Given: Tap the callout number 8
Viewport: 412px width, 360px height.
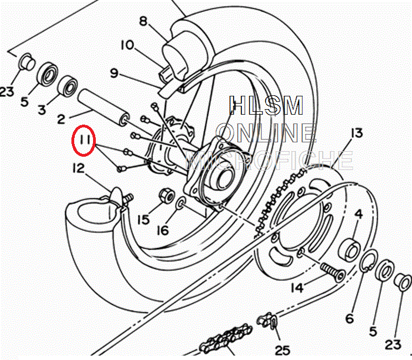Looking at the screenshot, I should tap(144, 22).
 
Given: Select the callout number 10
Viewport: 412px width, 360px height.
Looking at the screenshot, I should tap(127, 45).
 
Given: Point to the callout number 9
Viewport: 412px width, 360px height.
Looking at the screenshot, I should tap(115, 73).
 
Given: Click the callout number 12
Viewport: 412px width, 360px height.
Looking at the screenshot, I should tap(78, 168).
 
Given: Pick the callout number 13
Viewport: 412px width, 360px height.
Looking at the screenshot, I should tap(356, 133).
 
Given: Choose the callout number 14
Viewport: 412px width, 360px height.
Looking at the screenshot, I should tap(298, 287).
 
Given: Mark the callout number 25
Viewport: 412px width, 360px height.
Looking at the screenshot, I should tap(282, 350).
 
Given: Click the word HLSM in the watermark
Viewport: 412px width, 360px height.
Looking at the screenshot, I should tap(267, 106).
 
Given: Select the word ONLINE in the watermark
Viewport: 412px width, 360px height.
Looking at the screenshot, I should tap(266, 133).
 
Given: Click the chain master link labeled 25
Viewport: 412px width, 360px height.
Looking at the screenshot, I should tap(267, 321).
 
